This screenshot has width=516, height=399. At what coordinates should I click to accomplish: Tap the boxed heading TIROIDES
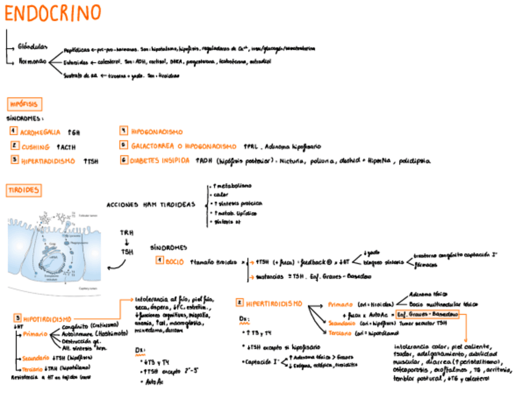(x=24, y=190)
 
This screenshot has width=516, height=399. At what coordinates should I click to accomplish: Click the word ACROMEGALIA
(x=41, y=132)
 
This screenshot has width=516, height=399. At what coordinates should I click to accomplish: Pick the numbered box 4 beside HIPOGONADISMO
(x=124, y=131)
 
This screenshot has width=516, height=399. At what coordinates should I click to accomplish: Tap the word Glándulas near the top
(x=30, y=46)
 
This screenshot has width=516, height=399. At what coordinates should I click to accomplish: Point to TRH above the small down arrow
(x=127, y=233)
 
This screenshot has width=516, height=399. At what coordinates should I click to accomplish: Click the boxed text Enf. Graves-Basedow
(x=427, y=316)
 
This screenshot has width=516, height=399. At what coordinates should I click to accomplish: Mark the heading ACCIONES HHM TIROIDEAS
(x=151, y=204)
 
